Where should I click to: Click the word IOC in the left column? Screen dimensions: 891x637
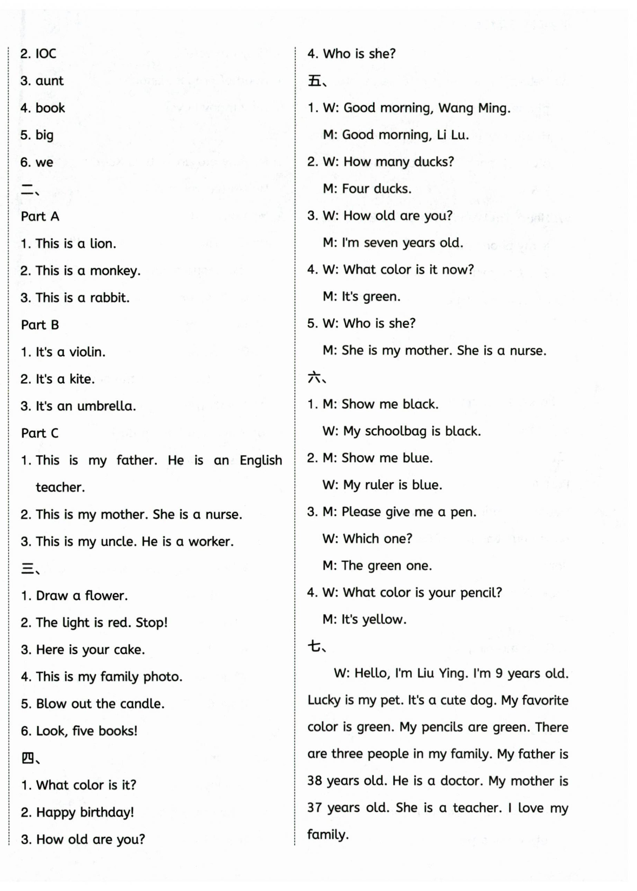[x=46, y=54]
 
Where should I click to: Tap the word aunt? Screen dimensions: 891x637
[x=49, y=81]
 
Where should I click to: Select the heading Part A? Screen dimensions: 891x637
[x=40, y=216]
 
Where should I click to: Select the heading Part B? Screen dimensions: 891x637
[x=40, y=325]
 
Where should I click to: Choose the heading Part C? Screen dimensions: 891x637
[x=40, y=433]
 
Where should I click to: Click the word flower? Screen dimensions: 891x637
[x=106, y=596]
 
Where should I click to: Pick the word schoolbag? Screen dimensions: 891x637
[x=396, y=431]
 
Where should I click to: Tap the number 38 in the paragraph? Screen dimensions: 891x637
[x=315, y=781]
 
